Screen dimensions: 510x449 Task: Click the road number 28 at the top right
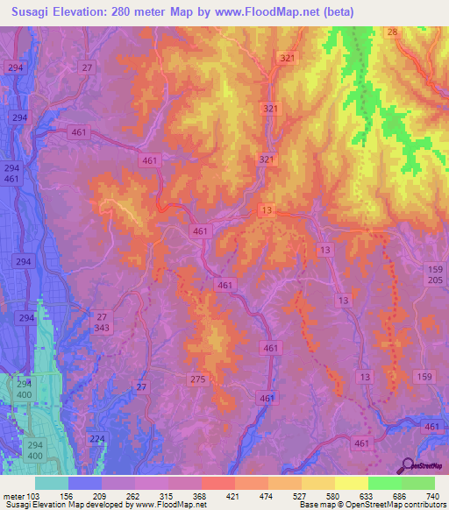[x=392, y=32]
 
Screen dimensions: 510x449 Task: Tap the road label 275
[x=197, y=379]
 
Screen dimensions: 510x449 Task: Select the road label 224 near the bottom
[x=97, y=437]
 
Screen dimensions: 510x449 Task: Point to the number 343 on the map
[x=103, y=328]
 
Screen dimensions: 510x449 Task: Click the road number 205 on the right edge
[x=436, y=280]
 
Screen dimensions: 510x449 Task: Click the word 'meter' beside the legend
[x=13, y=495]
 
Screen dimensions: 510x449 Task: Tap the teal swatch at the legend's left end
[x=52, y=483]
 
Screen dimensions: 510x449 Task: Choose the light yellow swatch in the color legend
[x=351, y=483]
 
